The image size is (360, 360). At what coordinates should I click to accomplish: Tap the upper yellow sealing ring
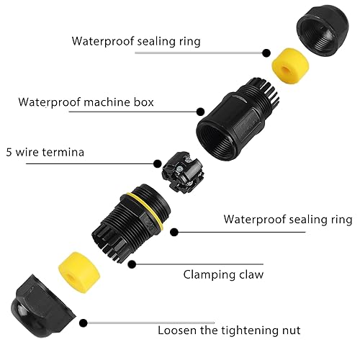[x=290, y=66]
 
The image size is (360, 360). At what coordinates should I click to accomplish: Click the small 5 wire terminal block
[x=182, y=172]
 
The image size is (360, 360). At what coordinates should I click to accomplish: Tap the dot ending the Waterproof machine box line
[x=200, y=112]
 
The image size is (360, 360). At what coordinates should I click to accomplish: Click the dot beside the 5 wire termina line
[x=158, y=163]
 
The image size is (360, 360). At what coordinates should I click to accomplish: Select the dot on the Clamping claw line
[x=132, y=264]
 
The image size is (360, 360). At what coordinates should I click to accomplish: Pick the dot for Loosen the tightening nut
[x=84, y=323]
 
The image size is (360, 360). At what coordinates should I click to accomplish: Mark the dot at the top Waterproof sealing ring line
[x=266, y=53]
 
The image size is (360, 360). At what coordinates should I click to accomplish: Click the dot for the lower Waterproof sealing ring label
[x=174, y=232]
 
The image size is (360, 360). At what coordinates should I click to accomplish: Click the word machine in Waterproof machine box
[x=107, y=102]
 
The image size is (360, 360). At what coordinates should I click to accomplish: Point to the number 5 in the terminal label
[x=9, y=153]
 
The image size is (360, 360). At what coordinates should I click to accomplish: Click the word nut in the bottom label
[x=291, y=330]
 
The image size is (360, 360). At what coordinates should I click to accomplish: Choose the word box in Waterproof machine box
[x=143, y=102]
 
